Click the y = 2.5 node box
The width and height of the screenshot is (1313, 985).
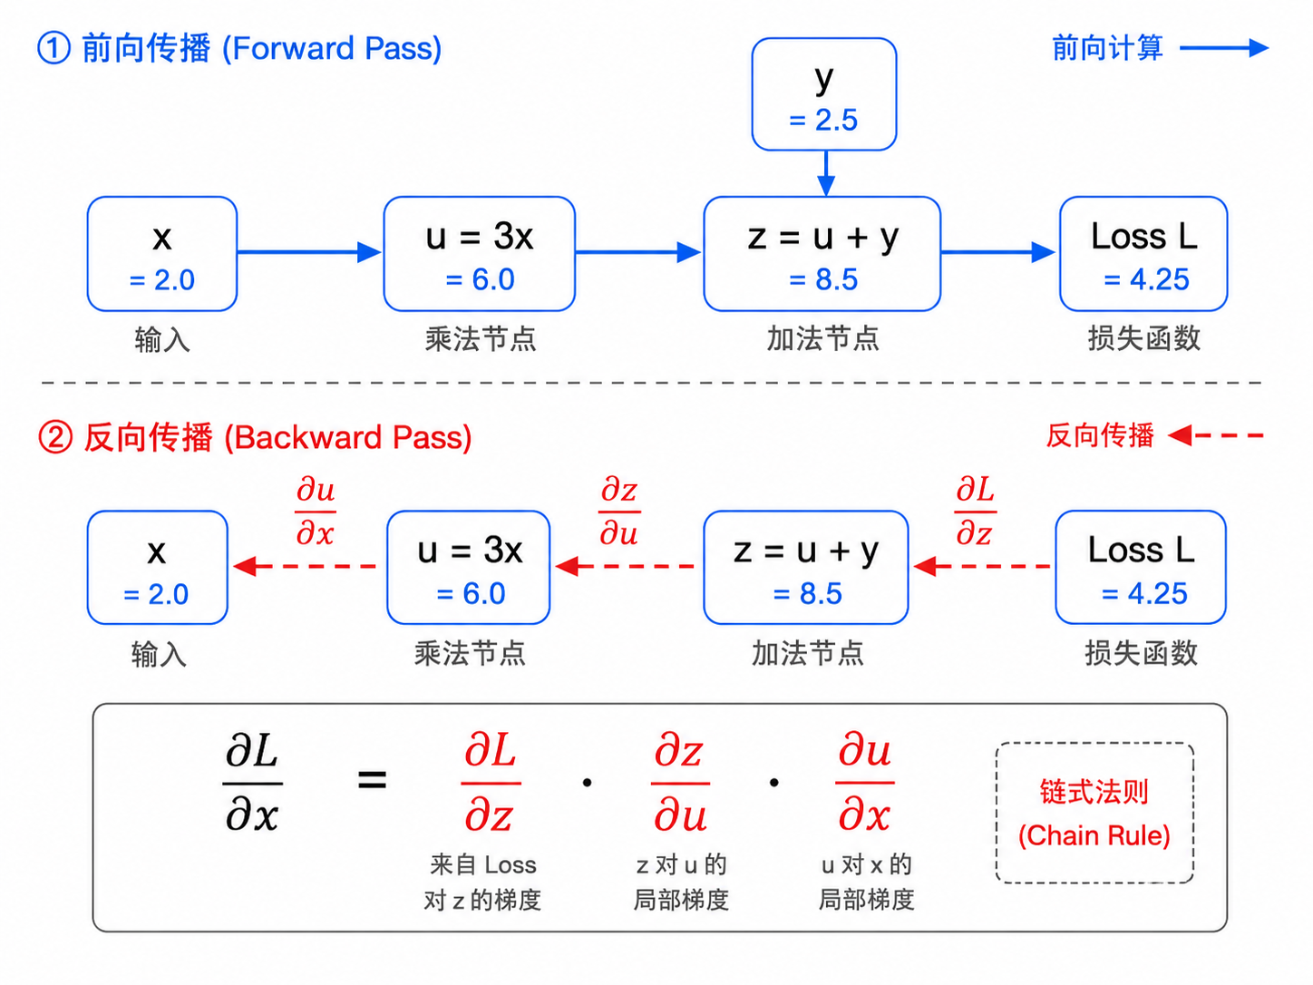click(823, 94)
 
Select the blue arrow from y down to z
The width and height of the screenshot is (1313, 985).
click(826, 173)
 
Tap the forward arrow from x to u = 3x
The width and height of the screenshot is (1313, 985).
click(309, 252)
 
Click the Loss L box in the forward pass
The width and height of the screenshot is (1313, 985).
click(1143, 254)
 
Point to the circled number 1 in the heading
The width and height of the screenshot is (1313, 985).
click(53, 48)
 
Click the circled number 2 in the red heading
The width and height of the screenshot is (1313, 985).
click(55, 436)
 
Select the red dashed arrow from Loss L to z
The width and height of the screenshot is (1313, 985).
click(982, 566)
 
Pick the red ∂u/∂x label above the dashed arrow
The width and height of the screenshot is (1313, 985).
click(316, 512)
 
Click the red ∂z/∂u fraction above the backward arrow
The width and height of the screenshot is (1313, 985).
click(619, 512)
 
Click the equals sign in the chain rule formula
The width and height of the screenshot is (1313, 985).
click(372, 780)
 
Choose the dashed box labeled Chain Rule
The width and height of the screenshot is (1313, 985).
click(1094, 814)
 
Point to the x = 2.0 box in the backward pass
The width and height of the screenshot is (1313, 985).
click(157, 568)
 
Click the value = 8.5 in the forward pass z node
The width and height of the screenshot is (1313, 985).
click(823, 279)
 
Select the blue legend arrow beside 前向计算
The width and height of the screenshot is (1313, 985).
click(1224, 48)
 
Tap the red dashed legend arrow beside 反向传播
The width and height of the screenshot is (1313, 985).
click(1215, 435)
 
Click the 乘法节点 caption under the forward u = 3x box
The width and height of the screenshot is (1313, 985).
click(481, 339)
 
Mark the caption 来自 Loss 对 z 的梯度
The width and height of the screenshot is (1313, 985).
click(482, 883)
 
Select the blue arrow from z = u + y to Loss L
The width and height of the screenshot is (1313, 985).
click(997, 252)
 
